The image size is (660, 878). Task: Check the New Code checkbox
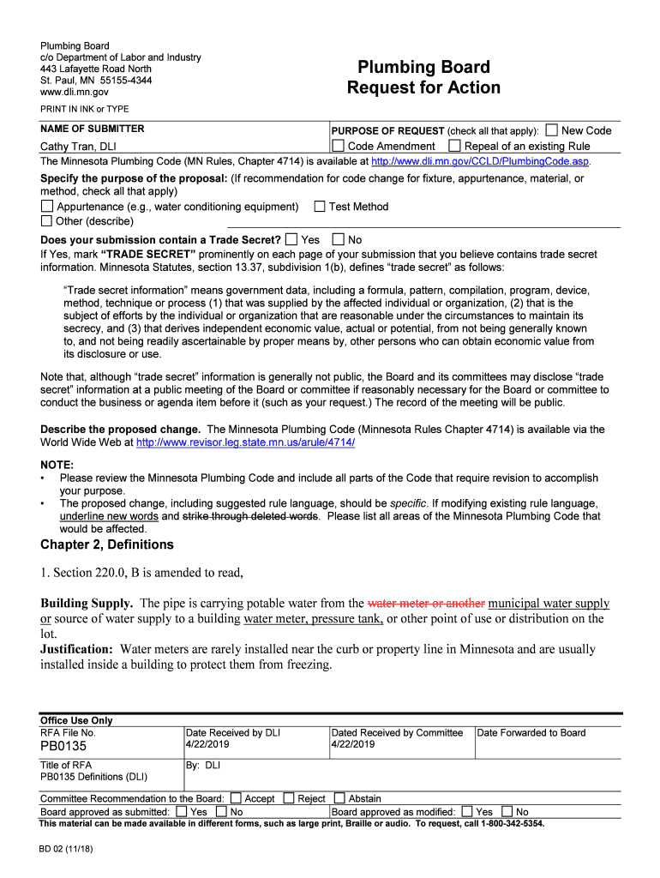pos(552,130)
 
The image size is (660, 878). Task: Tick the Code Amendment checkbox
pos(338,146)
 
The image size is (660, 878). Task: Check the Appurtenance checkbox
pos(47,207)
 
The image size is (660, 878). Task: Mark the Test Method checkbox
pos(320,207)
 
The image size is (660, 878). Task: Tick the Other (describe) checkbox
pos(47,221)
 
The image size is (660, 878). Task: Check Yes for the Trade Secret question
pos(291,239)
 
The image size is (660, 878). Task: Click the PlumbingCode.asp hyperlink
pos(481,160)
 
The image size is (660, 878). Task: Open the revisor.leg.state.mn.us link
pos(245,442)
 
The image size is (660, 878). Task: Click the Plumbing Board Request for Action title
pos(423,77)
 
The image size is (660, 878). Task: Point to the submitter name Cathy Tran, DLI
pos(79,146)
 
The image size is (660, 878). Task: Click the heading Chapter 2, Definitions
pos(107,544)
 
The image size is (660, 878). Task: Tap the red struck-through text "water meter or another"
pos(426,603)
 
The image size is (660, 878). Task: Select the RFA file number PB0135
pos(63,747)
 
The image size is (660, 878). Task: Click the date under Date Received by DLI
pos(208,744)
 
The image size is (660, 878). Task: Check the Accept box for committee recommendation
pos(236,798)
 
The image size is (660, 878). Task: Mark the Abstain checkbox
pos(339,798)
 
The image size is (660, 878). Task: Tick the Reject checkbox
pos(288,798)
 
